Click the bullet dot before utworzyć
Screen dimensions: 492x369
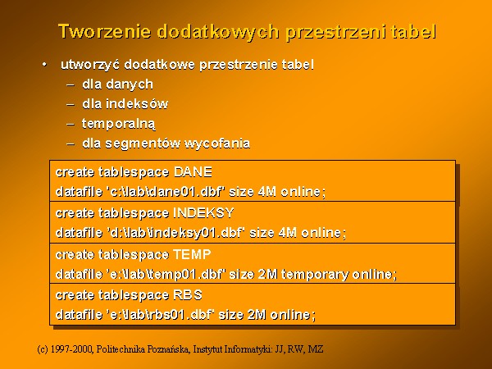pos(44,65)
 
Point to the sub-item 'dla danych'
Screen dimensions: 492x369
pos(117,84)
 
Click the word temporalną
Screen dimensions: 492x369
pos(119,124)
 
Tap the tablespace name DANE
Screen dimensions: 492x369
pos(193,172)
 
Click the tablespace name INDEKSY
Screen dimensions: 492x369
pos(203,213)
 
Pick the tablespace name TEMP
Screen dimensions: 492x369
pos(192,254)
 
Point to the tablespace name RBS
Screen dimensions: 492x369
pos(188,295)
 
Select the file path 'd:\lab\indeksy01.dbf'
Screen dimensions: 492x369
pos(176,233)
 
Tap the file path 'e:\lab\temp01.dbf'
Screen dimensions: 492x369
pos(166,274)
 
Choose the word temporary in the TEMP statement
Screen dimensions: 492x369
pos(315,275)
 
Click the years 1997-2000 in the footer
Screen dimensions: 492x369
pos(71,349)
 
